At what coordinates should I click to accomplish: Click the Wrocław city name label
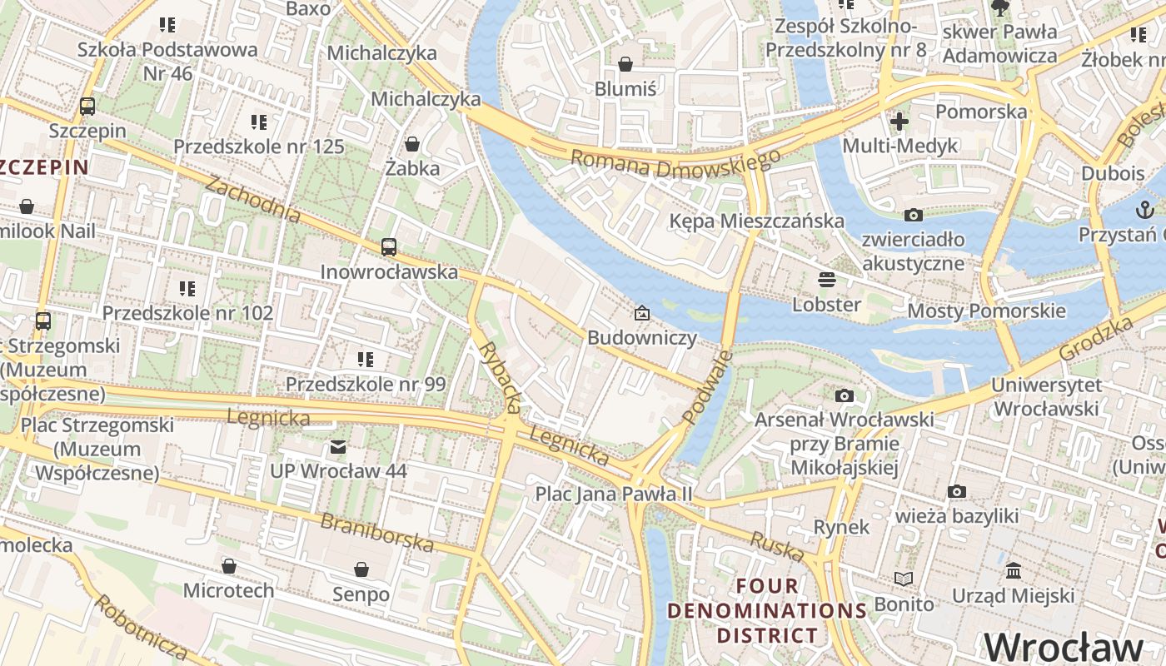(x=1064, y=647)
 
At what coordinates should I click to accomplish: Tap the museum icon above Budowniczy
(x=641, y=314)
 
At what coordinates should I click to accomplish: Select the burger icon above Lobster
(x=826, y=279)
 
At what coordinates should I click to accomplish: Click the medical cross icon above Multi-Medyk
(x=899, y=122)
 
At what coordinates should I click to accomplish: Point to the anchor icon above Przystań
(x=1144, y=210)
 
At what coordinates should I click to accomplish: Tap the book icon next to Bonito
(x=903, y=579)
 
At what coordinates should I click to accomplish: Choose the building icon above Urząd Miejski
(x=1014, y=571)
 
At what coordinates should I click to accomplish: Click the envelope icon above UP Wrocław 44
(x=338, y=447)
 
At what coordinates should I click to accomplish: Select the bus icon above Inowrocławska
(x=389, y=247)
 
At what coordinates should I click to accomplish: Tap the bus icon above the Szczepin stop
(x=87, y=107)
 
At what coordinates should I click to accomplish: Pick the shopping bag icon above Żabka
(x=411, y=144)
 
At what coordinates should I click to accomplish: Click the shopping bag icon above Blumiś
(x=625, y=64)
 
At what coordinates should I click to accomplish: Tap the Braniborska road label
(x=377, y=533)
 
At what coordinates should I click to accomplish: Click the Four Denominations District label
(x=767, y=610)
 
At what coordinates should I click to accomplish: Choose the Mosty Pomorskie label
(x=986, y=311)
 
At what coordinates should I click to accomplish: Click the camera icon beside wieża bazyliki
(x=957, y=492)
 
